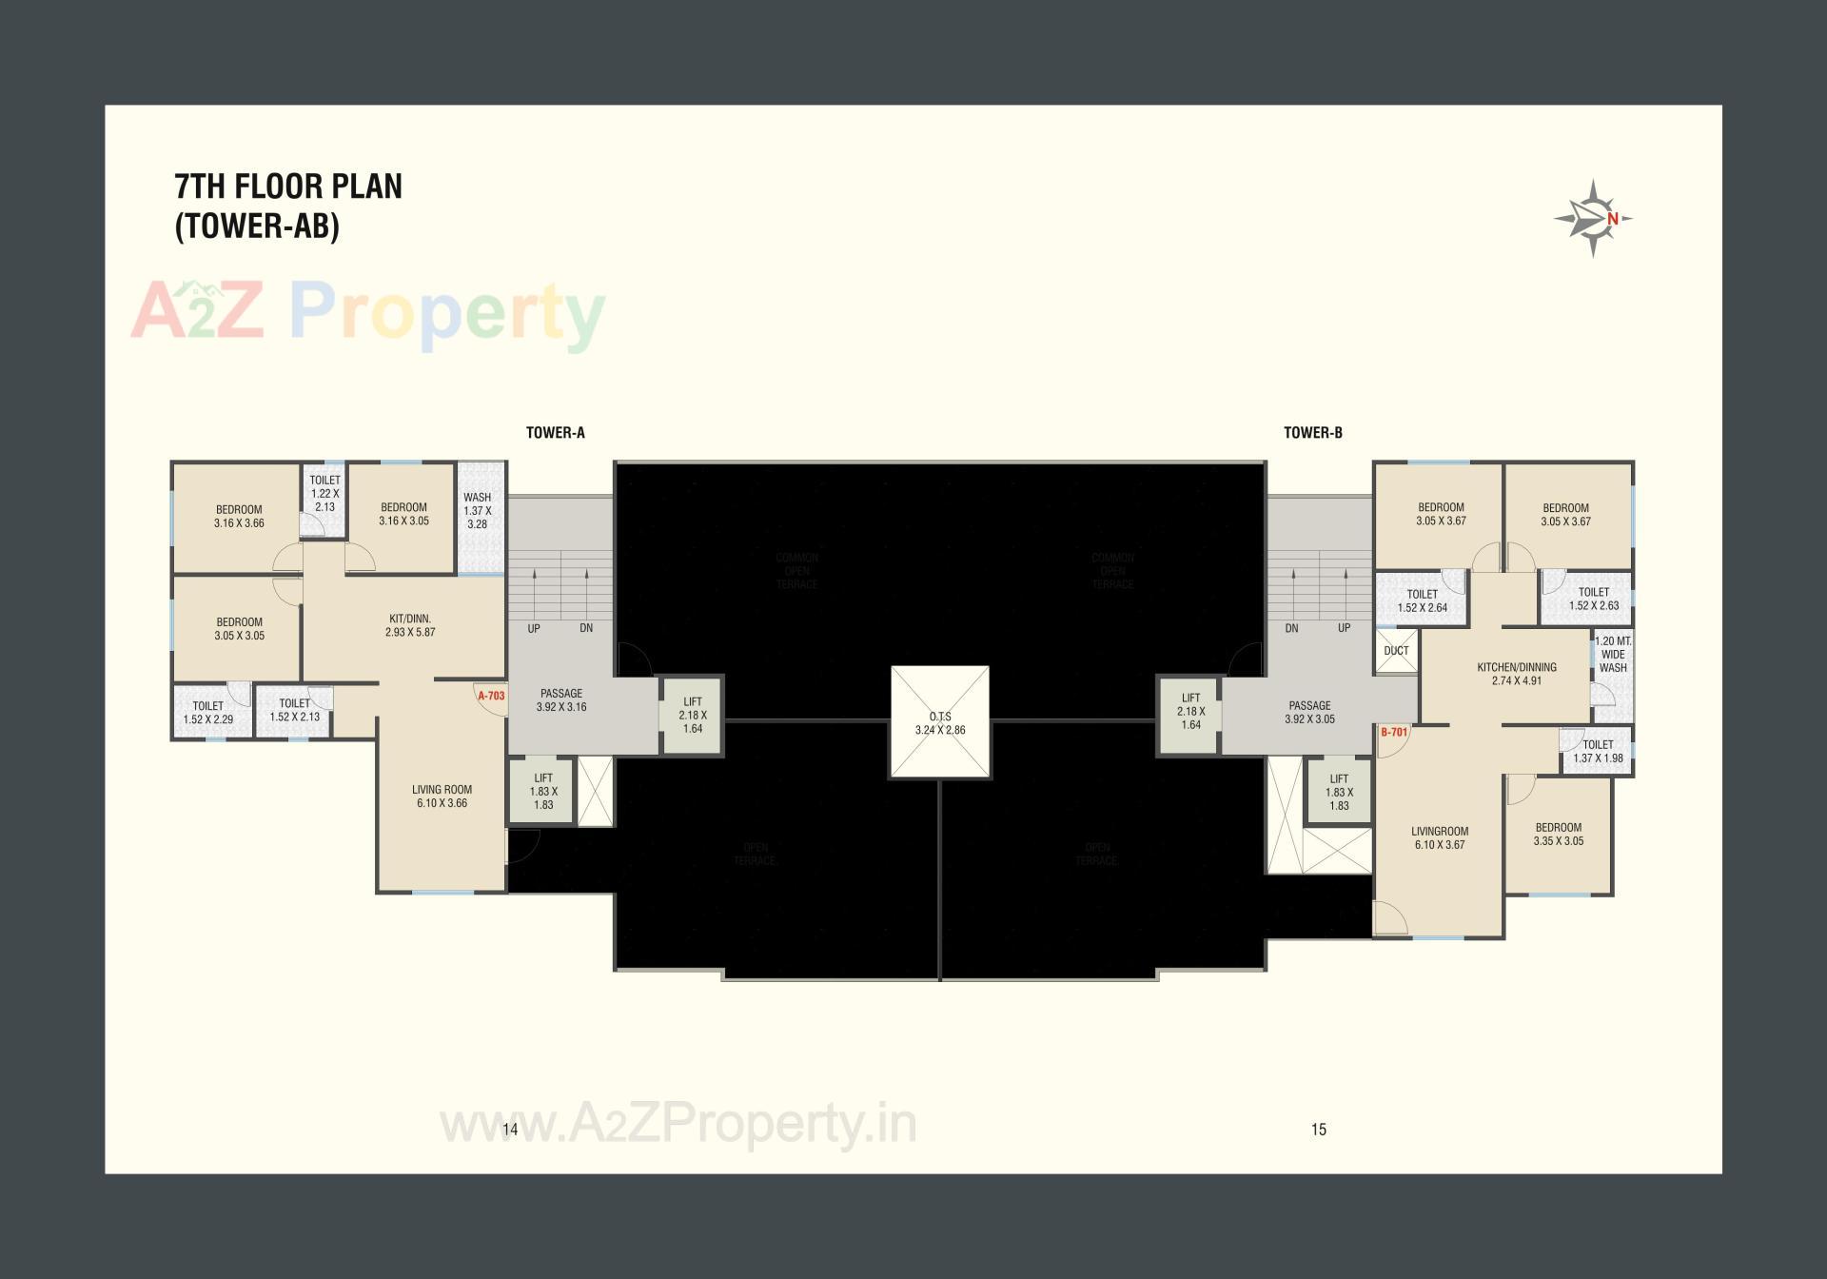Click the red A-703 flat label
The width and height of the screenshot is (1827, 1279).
coord(491,696)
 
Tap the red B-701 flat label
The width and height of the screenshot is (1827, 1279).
coord(1394,732)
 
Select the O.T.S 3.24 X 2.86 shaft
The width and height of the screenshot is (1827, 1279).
coord(940,722)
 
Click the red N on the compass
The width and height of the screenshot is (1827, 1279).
coord(1613,219)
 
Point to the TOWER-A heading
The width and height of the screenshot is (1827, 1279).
coord(556,433)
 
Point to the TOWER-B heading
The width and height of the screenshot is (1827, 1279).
coord(1313,433)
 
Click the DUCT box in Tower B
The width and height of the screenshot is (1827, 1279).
coord(1396,651)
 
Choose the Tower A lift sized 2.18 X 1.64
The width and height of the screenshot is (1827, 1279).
coord(693,715)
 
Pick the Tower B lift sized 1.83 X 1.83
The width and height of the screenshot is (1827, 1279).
coord(1339,792)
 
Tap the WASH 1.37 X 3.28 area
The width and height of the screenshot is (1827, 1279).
coord(478,511)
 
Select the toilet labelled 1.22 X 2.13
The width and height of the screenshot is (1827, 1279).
coord(324,493)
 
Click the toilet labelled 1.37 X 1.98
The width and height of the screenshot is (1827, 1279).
coord(1598,752)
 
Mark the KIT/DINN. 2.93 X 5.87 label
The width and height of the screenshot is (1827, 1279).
coord(410,625)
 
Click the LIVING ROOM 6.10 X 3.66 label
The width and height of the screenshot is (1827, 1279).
coord(442,796)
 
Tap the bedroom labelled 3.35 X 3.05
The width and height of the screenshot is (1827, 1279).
coord(1559,834)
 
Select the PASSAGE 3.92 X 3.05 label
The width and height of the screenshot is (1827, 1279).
coord(1309,712)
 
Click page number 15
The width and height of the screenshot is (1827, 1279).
coord(1318,1130)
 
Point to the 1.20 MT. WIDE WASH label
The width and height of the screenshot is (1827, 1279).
coord(1613,655)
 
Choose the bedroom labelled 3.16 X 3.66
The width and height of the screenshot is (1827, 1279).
coord(239,516)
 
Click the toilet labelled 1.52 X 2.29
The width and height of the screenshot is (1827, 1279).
coord(208,713)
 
